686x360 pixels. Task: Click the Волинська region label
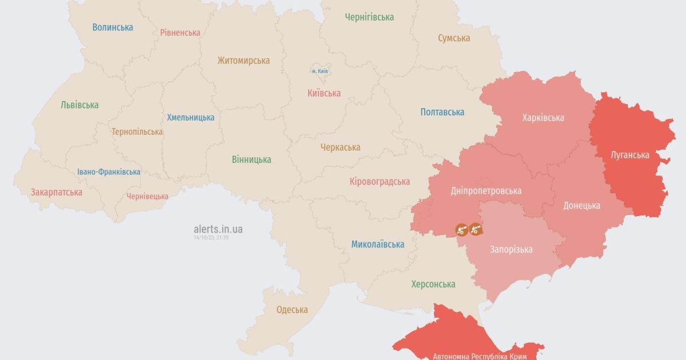(x=113, y=27)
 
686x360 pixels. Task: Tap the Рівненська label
(x=180, y=33)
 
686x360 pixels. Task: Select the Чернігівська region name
(x=369, y=17)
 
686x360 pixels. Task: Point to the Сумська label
(x=454, y=38)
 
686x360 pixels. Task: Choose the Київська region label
(x=324, y=93)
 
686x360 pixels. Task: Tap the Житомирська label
(x=244, y=61)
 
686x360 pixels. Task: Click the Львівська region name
(x=79, y=105)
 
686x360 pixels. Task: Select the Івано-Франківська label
(x=109, y=172)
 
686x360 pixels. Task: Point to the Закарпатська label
(x=57, y=192)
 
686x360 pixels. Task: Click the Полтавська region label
(x=442, y=112)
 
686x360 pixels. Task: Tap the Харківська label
(x=543, y=118)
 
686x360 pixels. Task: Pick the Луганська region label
(x=629, y=155)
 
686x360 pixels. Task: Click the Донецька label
(x=581, y=206)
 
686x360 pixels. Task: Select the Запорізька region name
(x=511, y=249)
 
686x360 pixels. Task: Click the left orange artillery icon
(x=461, y=230)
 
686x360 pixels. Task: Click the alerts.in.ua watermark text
(x=218, y=229)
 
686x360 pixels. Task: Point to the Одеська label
(x=292, y=310)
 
